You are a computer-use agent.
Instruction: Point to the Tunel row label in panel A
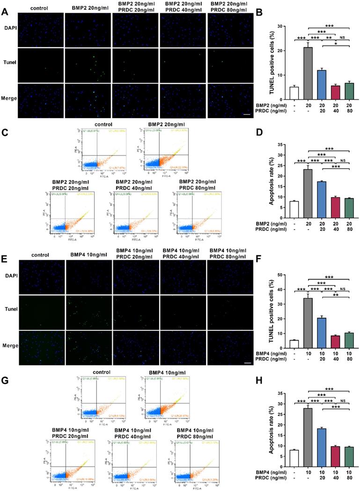tap(9, 60)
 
